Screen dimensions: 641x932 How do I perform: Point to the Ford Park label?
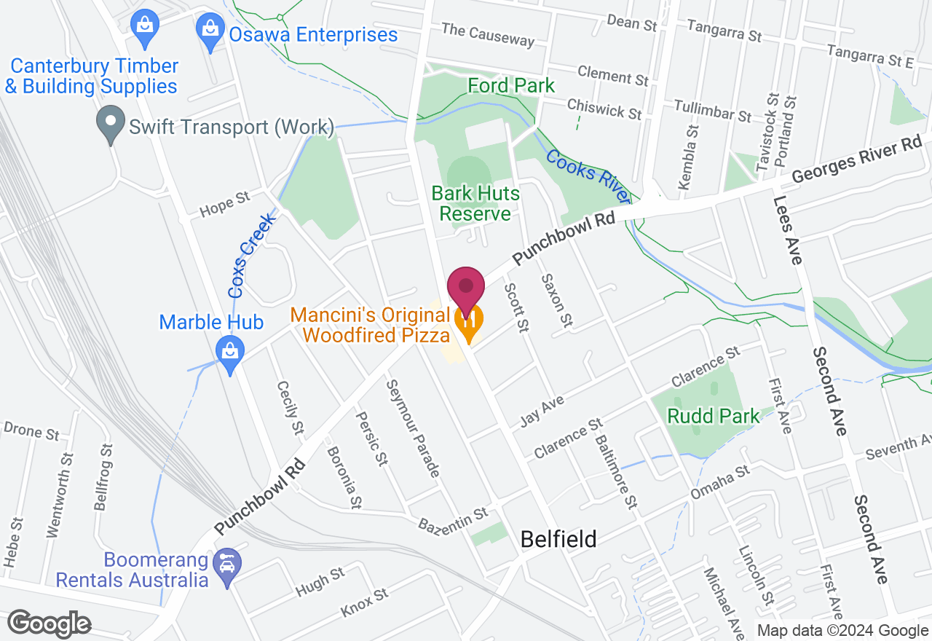(511, 85)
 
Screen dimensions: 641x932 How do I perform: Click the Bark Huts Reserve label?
(475, 203)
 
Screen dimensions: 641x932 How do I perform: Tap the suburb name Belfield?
(558, 539)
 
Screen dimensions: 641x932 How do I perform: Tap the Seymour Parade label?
(413, 429)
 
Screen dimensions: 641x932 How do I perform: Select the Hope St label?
(226, 205)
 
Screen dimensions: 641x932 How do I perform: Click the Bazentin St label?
(453, 519)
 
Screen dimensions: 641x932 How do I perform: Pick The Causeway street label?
(488, 34)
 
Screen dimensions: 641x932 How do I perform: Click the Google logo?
(49, 623)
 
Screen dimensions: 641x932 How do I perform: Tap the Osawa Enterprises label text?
(313, 34)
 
